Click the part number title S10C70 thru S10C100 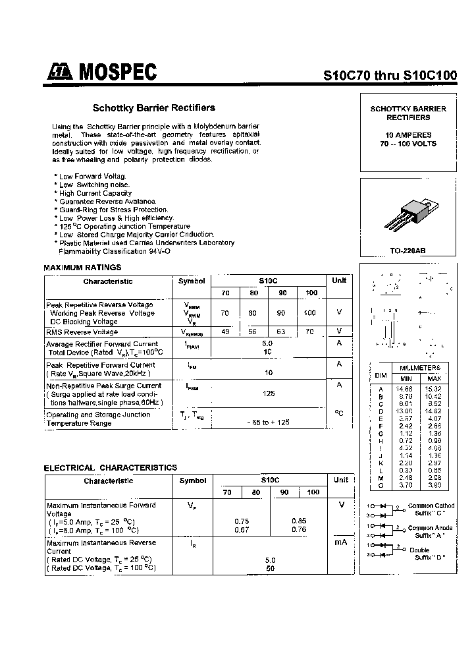point(390,75)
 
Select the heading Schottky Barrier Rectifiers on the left point(153,107)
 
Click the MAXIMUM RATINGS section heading point(82,268)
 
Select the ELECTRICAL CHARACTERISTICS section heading point(110,467)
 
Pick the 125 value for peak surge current point(268,393)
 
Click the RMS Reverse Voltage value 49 point(225,332)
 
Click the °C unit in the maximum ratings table point(339,413)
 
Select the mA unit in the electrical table point(340,542)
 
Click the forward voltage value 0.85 point(298,521)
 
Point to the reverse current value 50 point(270,567)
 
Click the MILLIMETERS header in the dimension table point(420,367)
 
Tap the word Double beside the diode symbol point(419,550)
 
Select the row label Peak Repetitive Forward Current point(101,364)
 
